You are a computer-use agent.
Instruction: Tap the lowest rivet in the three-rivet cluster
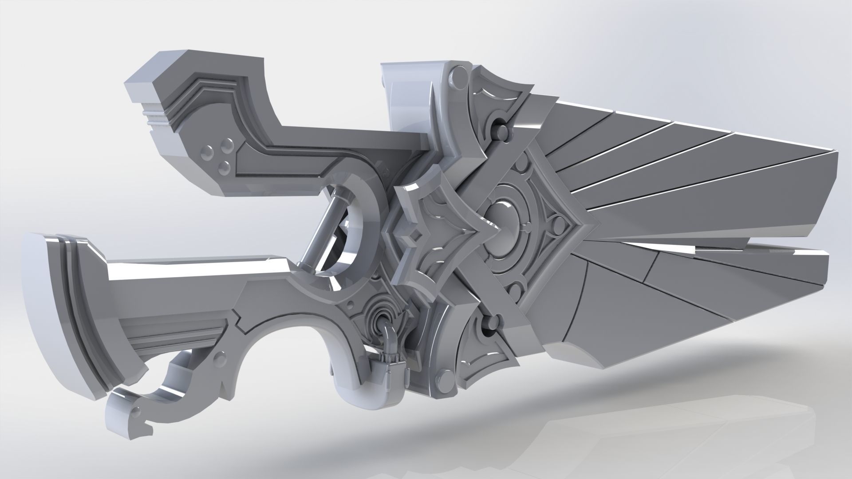click(x=226, y=168)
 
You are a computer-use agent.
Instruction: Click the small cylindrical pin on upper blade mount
click(x=501, y=131)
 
